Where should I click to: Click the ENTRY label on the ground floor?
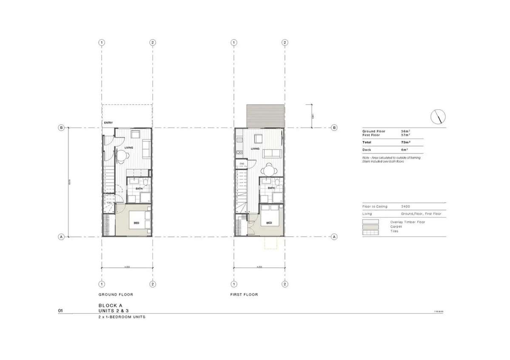pos(108,123)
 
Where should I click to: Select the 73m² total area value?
pos(405,142)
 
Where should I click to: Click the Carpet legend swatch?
pos(370,227)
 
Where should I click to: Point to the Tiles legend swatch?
pos(370,232)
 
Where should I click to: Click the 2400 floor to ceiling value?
pos(406,207)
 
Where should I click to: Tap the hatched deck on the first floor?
pos(265,116)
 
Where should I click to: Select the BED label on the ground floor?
pos(136,223)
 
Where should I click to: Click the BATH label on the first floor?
pos(271,188)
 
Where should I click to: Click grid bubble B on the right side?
pos(334,128)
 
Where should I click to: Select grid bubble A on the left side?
pos(61,237)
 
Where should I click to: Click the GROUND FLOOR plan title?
pos(116,295)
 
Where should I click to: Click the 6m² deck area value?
pos(405,150)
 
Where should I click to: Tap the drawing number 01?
pos(61,311)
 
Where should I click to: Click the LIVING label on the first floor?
pos(255,149)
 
